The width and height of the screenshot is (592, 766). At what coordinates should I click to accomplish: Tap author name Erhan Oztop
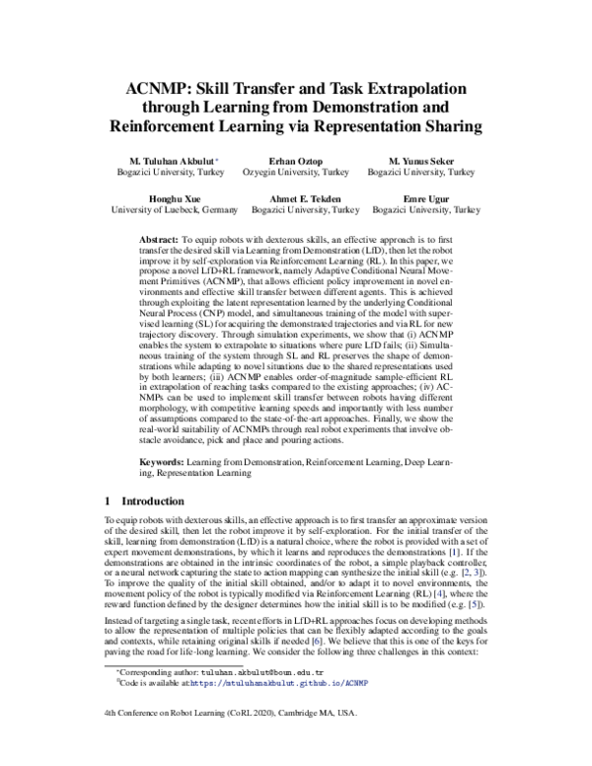pos(296,160)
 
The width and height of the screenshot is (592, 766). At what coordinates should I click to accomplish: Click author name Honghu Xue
pos(175,197)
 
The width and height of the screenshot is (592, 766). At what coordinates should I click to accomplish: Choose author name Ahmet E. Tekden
pos(305,197)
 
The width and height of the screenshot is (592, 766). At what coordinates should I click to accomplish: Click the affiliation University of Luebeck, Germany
pos(175,210)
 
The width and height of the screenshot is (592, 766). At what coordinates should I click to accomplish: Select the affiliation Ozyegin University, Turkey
pos(296,172)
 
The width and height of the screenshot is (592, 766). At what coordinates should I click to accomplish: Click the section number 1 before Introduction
pos(108,501)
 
